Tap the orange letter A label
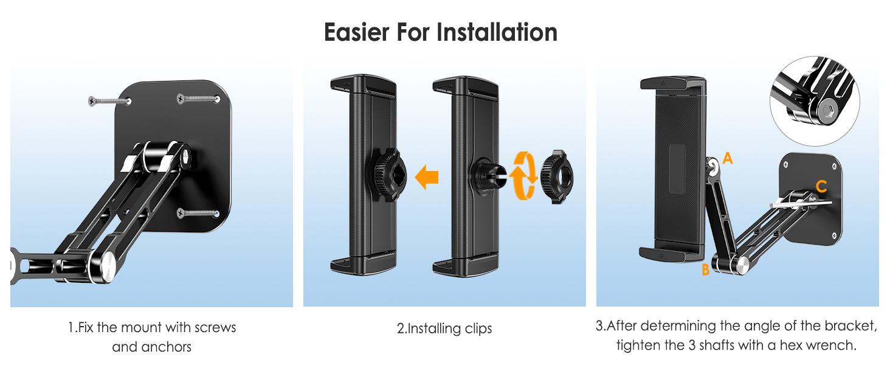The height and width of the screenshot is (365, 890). tap(728, 158)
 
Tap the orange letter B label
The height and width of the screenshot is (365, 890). tap(706, 269)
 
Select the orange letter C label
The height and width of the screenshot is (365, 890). tap(822, 186)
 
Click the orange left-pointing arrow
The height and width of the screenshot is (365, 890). tap(427, 177)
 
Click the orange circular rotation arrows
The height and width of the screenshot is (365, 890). tap(523, 175)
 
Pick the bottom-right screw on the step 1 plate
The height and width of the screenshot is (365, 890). tap(198, 213)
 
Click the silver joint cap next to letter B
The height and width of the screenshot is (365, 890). tap(742, 265)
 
